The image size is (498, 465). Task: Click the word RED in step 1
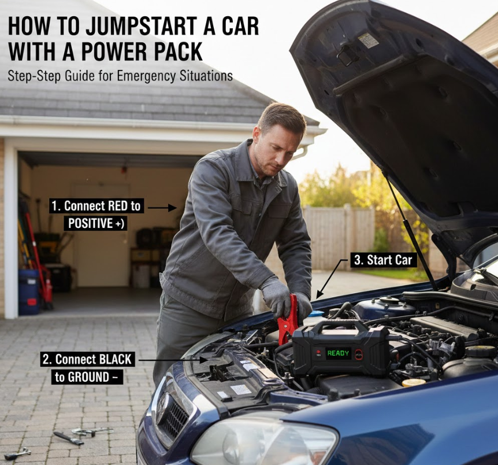point(118,206)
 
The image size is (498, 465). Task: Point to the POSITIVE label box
point(96,224)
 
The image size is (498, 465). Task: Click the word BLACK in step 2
point(116,359)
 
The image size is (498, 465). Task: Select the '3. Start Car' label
point(382,260)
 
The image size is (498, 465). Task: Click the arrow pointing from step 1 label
point(162,208)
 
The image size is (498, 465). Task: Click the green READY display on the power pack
point(338,353)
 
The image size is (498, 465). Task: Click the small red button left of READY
point(318,352)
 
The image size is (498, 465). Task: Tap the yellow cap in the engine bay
point(414,382)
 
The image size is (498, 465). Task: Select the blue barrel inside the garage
point(28,291)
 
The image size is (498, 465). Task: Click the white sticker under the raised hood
point(368,40)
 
